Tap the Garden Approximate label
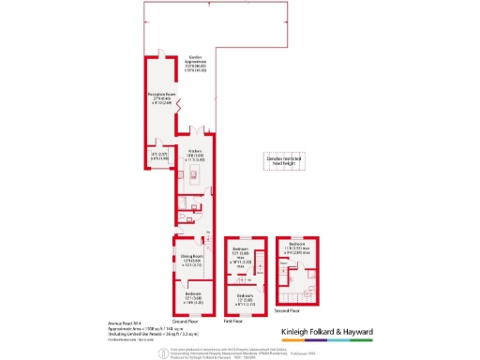(195, 64)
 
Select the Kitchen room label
(195, 156)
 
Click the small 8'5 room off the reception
(156, 157)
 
